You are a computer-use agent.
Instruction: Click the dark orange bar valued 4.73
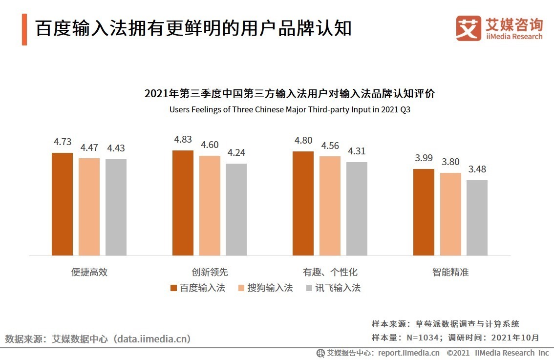coord(62,204)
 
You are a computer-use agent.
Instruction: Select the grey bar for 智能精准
coord(477,217)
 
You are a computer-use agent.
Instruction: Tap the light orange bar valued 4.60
coord(210,205)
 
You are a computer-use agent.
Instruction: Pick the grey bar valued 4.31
coord(357,209)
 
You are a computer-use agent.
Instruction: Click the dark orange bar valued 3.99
coord(424,212)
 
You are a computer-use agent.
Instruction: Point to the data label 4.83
coord(183,140)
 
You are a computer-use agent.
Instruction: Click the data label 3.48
coord(477,169)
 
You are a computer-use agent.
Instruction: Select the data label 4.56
coord(330,146)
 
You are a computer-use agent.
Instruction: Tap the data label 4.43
coord(116,148)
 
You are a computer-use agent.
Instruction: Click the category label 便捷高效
coord(89,272)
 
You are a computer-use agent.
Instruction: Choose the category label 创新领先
coord(210,272)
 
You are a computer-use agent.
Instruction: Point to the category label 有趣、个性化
coord(330,272)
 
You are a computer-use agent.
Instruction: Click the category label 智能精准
coord(450,272)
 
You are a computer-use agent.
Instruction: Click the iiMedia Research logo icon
coord(468,28)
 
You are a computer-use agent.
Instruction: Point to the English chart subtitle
coord(290,109)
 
